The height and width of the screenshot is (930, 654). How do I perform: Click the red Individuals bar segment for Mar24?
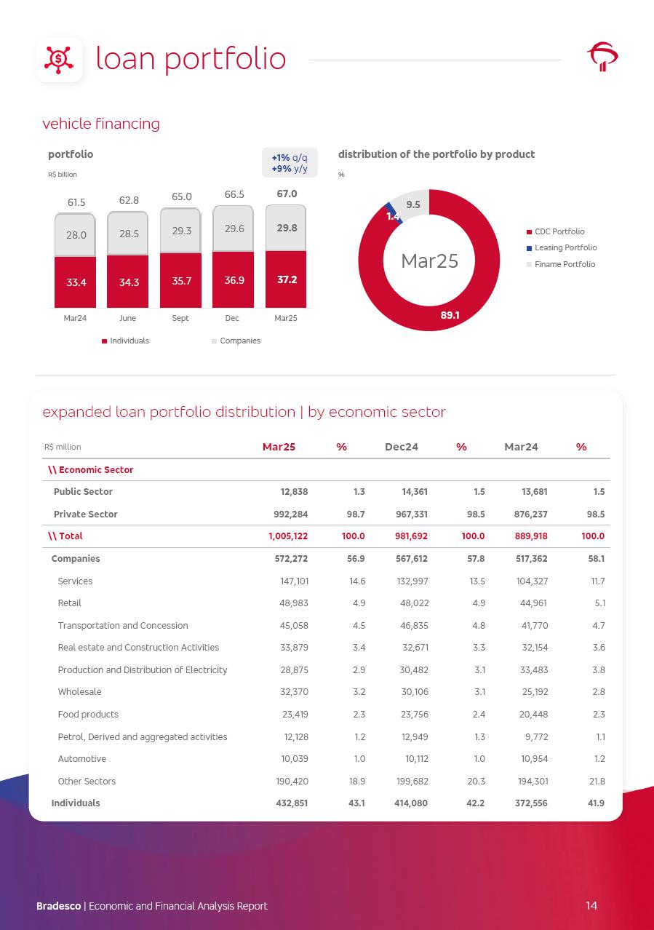point(75,282)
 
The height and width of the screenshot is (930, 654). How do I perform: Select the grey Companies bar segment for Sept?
point(180,230)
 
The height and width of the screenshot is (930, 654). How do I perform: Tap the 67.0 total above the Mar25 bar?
point(286,194)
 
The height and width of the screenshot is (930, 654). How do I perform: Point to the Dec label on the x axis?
point(232,318)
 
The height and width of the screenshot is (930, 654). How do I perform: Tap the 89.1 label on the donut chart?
point(450,315)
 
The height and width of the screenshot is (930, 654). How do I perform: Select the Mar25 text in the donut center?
point(429,261)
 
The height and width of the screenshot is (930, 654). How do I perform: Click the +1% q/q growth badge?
point(290,157)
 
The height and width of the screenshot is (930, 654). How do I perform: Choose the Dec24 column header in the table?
point(401,447)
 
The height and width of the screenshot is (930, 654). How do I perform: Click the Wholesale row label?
point(79,691)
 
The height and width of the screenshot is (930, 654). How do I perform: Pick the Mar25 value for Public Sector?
point(294,491)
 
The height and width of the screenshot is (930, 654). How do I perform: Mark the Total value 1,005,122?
point(289,536)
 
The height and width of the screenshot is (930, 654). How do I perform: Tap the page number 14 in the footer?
point(591,905)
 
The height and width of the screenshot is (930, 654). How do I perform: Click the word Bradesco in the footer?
point(59,906)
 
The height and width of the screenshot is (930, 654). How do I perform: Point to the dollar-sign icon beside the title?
point(59,59)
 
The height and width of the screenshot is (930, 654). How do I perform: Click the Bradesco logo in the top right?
point(602,57)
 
